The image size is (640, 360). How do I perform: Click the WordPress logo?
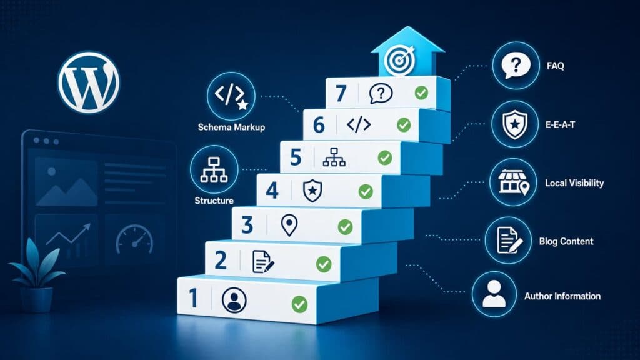(89, 82)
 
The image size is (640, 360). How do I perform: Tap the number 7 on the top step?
(341, 93)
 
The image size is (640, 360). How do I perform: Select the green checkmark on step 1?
(299, 304)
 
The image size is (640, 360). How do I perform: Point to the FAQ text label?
(555, 66)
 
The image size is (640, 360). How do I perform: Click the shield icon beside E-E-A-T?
(515, 124)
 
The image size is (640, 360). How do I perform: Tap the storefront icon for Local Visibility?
(514, 182)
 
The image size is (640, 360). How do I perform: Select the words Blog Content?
(566, 241)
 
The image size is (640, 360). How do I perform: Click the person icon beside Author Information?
(494, 294)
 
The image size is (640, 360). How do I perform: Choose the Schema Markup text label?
(231, 127)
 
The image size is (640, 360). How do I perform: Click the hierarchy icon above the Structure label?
(214, 169)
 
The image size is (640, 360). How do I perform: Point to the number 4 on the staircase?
(272, 191)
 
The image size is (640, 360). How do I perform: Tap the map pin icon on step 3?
(289, 225)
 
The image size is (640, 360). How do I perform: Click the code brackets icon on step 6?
(359, 124)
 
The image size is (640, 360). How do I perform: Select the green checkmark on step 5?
(385, 157)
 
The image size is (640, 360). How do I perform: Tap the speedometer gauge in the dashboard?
(135, 240)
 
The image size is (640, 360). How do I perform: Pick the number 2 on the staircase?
(221, 261)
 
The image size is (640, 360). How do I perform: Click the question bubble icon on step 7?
(381, 94)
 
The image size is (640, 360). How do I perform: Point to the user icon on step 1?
(234, 301)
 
